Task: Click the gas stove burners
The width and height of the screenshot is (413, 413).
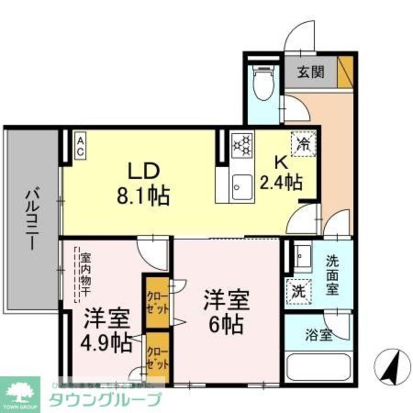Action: click(242, 145)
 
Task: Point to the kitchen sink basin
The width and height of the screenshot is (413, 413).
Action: click(242, 187)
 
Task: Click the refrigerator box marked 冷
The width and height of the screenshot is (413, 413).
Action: click(304, 143)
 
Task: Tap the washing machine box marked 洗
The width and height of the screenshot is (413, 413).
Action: click(298, 292)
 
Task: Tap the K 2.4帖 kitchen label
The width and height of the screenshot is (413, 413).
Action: click(281, 174)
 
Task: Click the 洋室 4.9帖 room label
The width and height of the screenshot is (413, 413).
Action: click(107, 330)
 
